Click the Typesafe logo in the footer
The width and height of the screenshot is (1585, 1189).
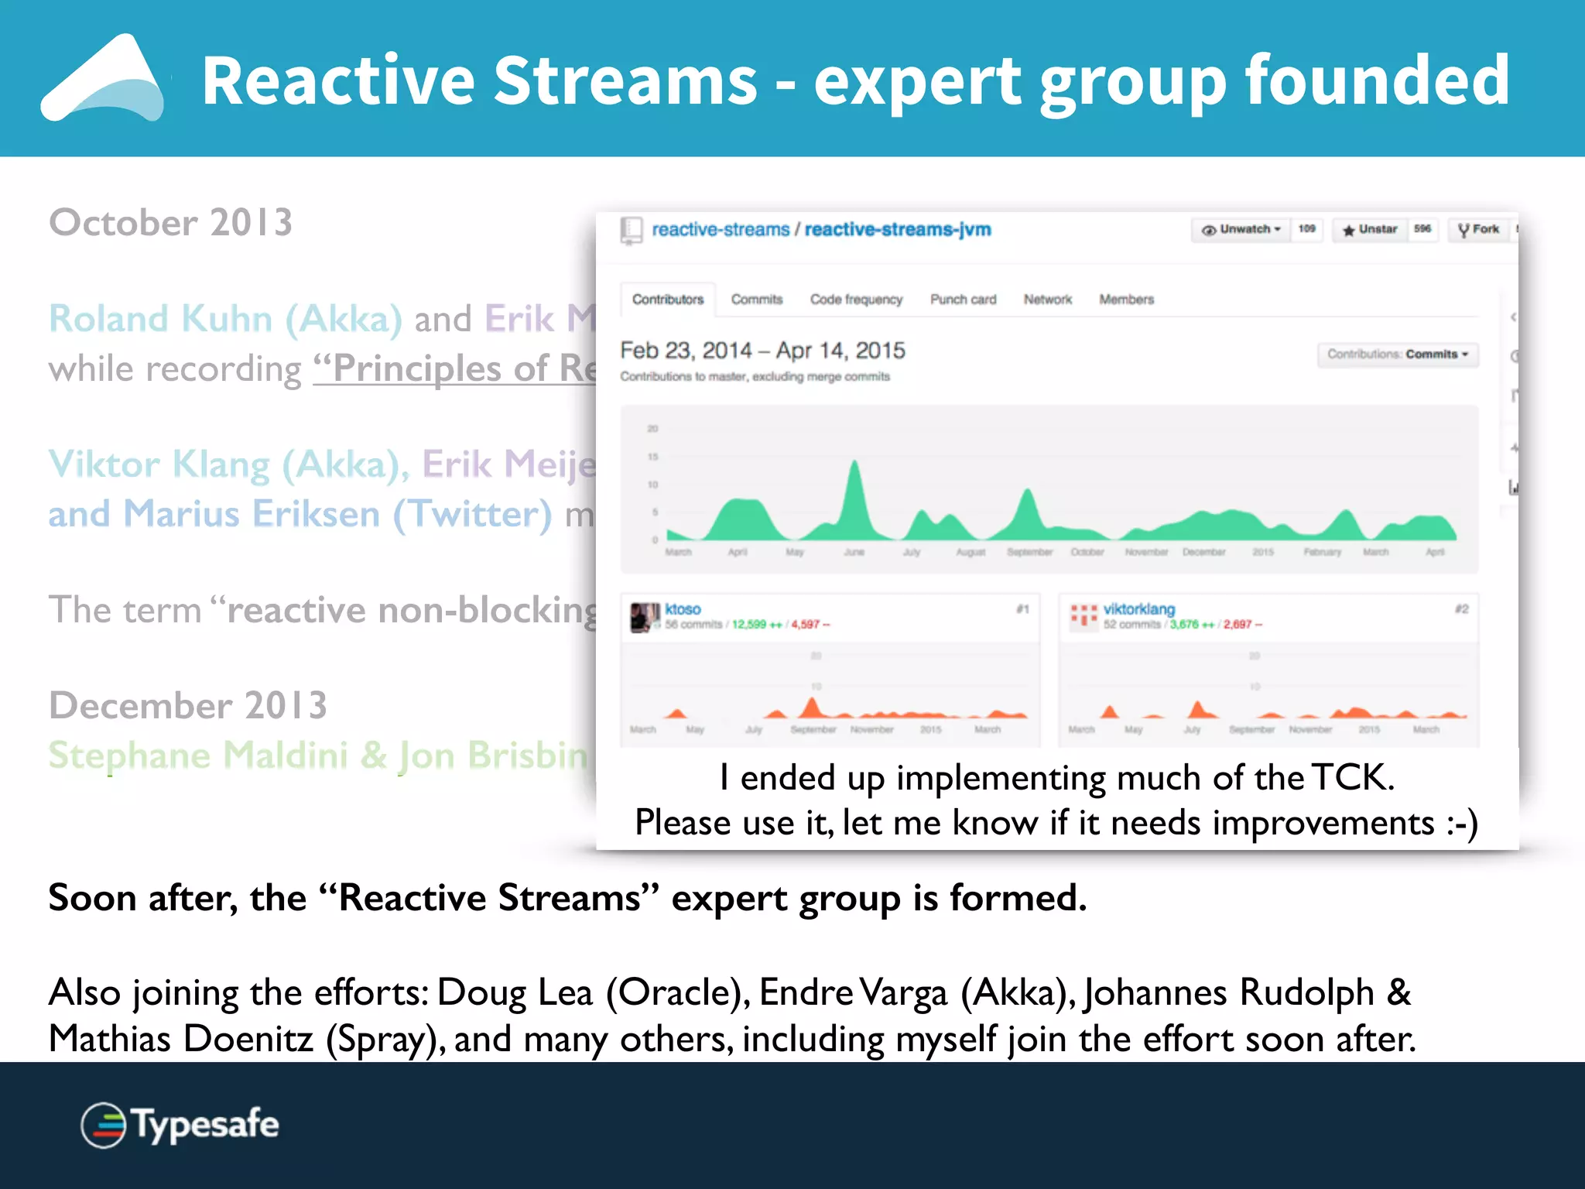coord(180,1125)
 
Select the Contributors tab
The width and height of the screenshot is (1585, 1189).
coord(668,300)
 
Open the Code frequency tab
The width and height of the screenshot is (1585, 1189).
coord(856,300)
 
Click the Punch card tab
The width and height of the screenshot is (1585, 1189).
coord(963,300)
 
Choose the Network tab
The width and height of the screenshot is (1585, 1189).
coord(1048,300)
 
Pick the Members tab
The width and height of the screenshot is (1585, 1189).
coord(1126,300)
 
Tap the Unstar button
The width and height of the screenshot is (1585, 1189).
coord(1370,230)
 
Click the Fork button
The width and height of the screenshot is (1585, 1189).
coord(1479,230)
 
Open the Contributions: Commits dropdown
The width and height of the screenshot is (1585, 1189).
coord(1398,355)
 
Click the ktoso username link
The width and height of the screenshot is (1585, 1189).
coord(683,609)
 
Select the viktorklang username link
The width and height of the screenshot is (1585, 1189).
coord(1138,609)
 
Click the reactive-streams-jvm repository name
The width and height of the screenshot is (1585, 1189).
coord(898,230)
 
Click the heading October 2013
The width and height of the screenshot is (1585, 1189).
coord(170,223)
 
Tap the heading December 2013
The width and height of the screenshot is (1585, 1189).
coord(188,705)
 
